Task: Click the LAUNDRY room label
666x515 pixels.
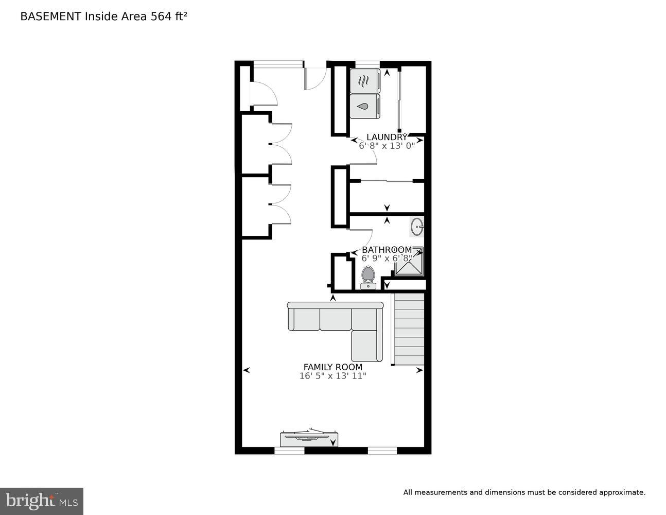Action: pyautogui.click(x=387, y=137)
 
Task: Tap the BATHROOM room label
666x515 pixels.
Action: pyautogui.click(x=387, y=250)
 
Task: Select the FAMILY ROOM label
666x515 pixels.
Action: pyautogui.click(x=332, y=367)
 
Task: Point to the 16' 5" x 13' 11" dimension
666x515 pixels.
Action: pyautogui.click(x=332, y=376)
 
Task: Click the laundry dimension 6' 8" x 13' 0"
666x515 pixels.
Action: pyautogui.click(x=387, y=146)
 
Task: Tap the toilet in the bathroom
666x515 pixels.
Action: pyautogui.click(x=367, y=277)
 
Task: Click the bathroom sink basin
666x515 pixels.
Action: pyautogui.click(x=417, y=226)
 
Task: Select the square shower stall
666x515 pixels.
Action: pyautogui.click(x=410, y=262)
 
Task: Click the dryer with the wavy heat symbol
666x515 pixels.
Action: pyautogui.click(x=364, y=81)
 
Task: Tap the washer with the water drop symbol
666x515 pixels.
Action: pyautogui.click(x=364, y=106)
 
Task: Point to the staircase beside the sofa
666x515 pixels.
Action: pyautogui.click(x=409, y=330)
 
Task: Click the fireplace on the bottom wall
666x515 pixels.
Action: pyautogui.click(x=308, y=438)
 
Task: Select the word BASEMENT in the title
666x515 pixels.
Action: pyautogui.click(x=50, y=16)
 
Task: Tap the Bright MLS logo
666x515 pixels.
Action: pyautogui.click(x=42, y=501)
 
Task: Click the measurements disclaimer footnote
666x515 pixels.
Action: pyautogui.click(x=524, y=492)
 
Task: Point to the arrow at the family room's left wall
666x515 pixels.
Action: pyautogui.click(x=247, y=370)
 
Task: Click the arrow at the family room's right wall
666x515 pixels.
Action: pyautogui.click(x=419, y=370)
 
